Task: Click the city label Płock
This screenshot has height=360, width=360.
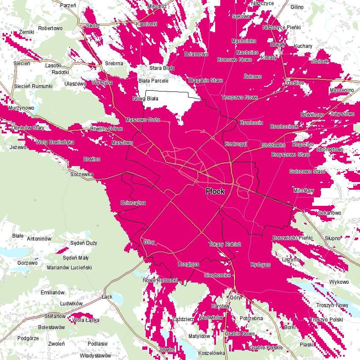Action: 215,191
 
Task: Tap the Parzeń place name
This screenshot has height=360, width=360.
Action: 68,6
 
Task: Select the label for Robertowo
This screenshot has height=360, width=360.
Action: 50,28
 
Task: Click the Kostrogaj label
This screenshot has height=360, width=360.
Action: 235,144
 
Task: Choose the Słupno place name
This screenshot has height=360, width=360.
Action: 332,238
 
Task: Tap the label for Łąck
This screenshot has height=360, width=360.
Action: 107,297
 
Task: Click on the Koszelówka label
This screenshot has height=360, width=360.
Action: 211,353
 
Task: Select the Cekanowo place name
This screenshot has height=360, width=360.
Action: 329,213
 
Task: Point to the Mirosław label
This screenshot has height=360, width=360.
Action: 304,191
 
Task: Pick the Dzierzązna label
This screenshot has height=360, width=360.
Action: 133,203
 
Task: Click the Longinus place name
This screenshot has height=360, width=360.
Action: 188,264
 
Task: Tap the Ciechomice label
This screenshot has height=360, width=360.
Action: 217,275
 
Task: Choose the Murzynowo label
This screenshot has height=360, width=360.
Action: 21,108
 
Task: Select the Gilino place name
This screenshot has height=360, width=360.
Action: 297,7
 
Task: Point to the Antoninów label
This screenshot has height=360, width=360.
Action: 39,239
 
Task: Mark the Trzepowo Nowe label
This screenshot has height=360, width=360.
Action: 239,97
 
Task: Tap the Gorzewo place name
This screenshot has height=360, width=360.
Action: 27,263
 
